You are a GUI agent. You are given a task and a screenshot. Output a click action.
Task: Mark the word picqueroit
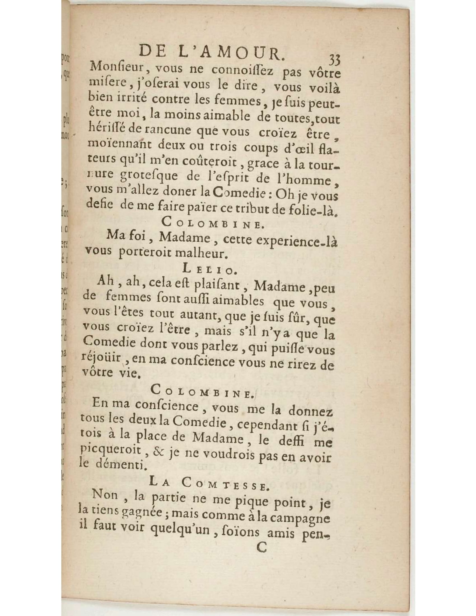point(110,451)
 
